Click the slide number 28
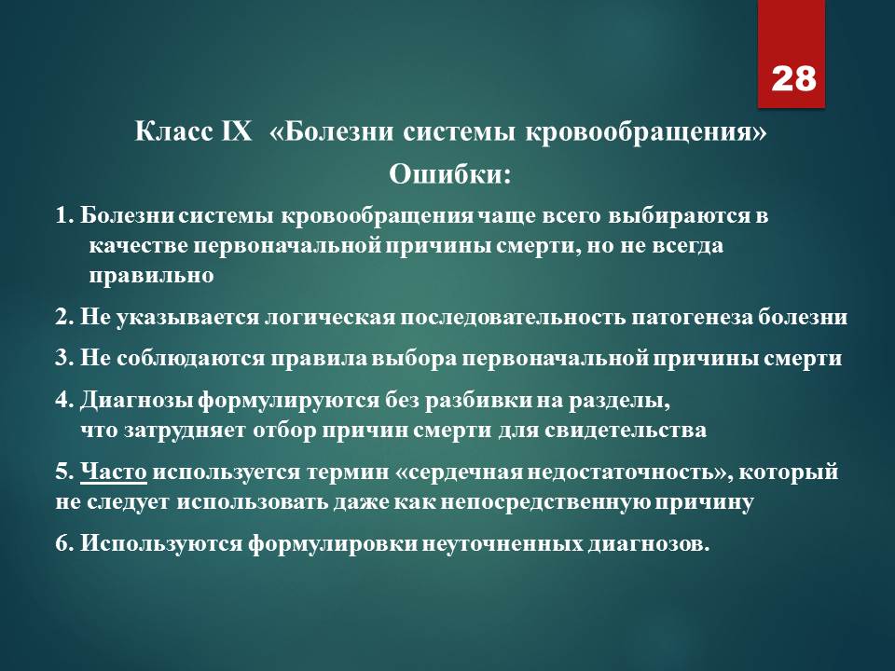(x=793, y=78)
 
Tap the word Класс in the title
(x=173, y=131)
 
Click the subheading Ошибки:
(x=449, y=174)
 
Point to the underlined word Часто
(x=114, y=472)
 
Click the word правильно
(x=151, y=276)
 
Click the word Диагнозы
(x=137, y=401)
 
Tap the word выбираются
(x=677, y=215)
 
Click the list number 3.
(x=64, y=358)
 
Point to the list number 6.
(x=64, y=543)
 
